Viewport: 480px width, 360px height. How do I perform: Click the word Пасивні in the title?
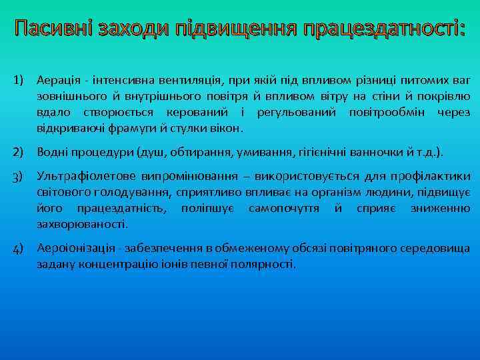tap(53, 29)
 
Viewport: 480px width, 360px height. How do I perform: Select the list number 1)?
tap(20, 80)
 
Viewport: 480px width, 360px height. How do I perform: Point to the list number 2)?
tap(20, 152)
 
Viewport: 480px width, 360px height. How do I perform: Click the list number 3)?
tap(20, 177)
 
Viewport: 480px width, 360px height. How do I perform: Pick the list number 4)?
tap(20, 249)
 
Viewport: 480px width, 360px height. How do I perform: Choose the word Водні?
tap(55, 152)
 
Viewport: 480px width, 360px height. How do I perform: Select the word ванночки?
tap(384, 152)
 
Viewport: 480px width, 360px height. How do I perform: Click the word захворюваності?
tap(81, 224)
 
